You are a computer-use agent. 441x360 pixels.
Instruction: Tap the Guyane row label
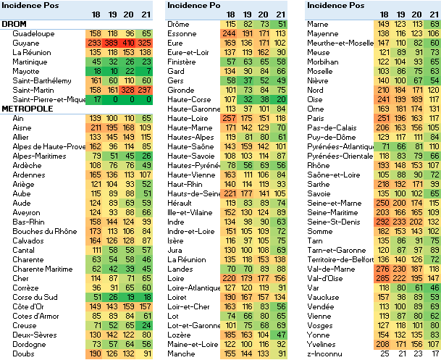(x=26, y=43)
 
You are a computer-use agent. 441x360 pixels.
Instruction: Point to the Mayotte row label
(x=28, y=71)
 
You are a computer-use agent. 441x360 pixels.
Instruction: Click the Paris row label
(x=315, y=117)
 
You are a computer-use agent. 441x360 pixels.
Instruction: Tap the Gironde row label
(x=181, y=90)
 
